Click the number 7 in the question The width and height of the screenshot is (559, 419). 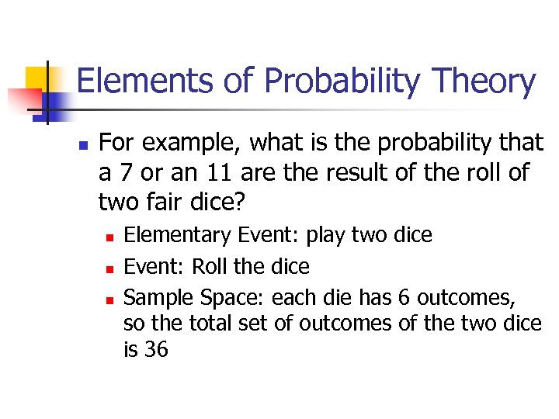click(123, 172)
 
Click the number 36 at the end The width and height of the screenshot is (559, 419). click(155, 349)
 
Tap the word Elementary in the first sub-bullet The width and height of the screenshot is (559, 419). click(178, 235)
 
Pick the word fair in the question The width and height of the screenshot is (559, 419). click(155, 203)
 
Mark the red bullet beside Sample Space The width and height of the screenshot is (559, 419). click(109, 299)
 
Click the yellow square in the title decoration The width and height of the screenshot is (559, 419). click(36, 78)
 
